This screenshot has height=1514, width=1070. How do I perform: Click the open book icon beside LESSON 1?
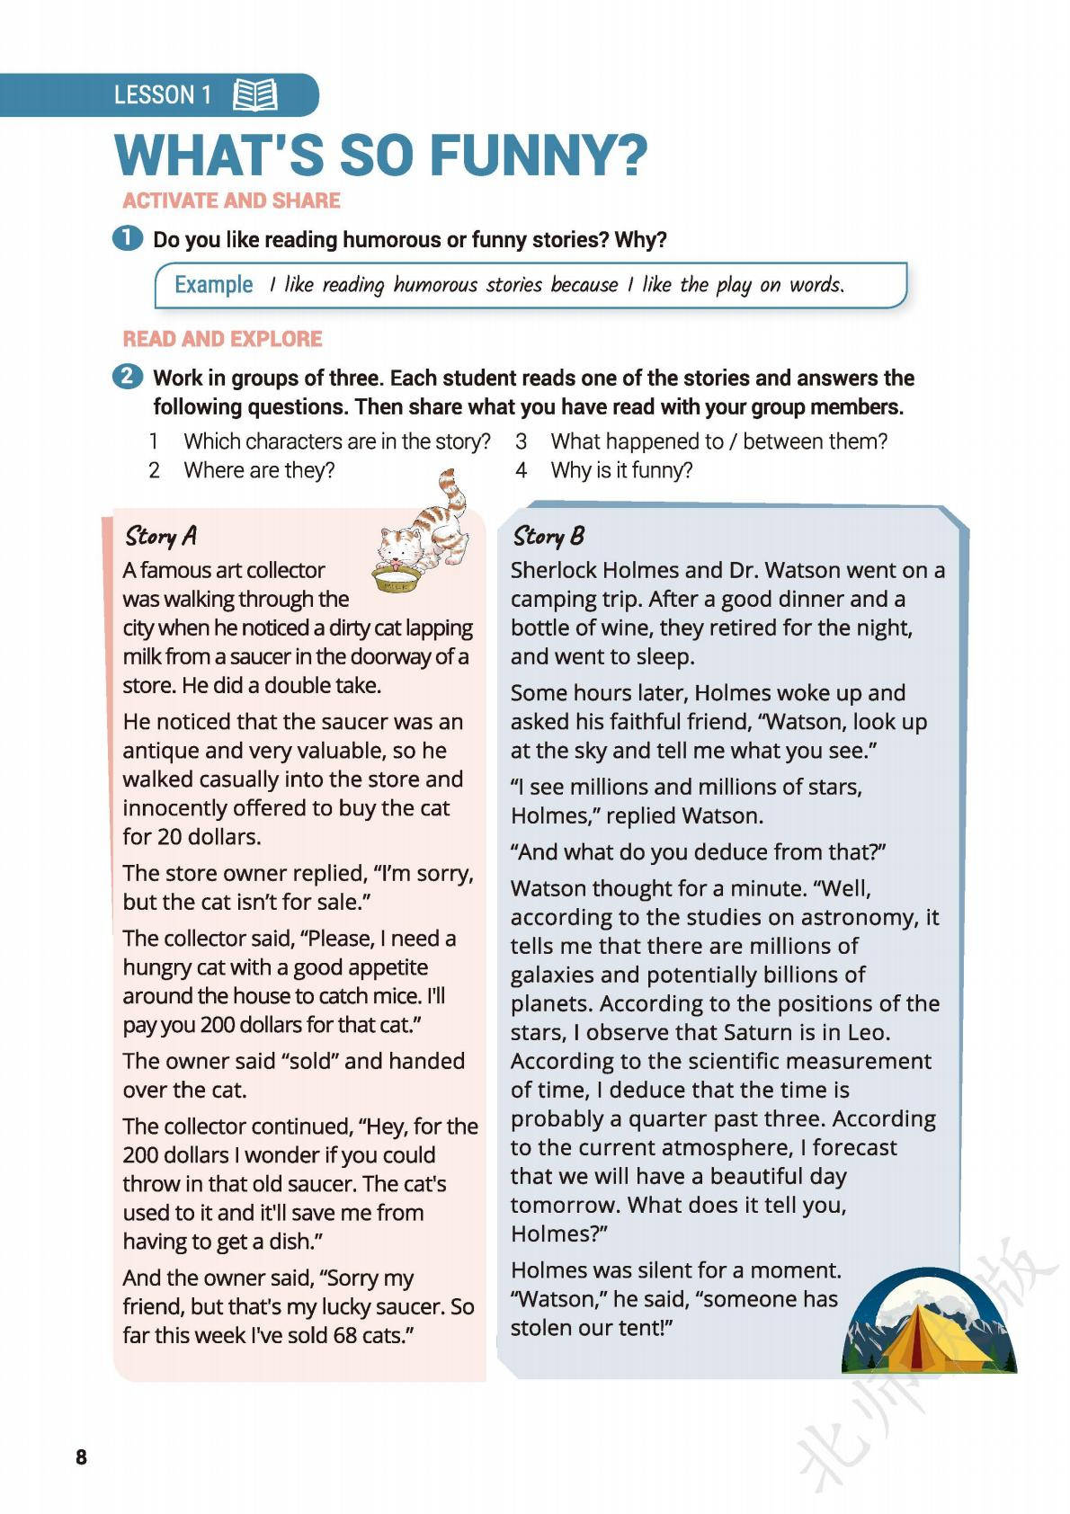254,95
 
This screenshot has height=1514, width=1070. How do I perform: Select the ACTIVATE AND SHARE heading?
231,200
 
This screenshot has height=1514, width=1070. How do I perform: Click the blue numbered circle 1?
128,238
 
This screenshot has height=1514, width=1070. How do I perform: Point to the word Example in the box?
213,285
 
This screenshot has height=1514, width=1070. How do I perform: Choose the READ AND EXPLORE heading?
222,339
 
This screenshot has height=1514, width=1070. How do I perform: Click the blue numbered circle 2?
128,377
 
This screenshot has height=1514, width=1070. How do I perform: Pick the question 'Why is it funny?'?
621,470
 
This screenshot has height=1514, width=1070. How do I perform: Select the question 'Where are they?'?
259,470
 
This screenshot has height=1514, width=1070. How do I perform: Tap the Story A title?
161,536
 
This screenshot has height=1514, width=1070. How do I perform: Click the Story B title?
548,537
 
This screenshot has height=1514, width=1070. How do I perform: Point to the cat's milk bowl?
397,580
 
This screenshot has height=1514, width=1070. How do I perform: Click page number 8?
81,1457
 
